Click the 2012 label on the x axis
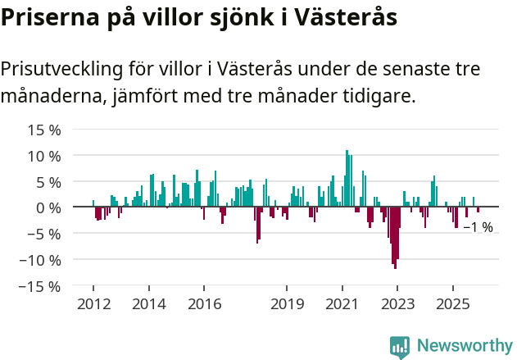93,304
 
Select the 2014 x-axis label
148,304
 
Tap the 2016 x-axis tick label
204,304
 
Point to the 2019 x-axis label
287,304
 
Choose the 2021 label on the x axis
342,304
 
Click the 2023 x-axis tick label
397,304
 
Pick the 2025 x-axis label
453,304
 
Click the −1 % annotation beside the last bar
478,227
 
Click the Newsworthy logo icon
400,347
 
